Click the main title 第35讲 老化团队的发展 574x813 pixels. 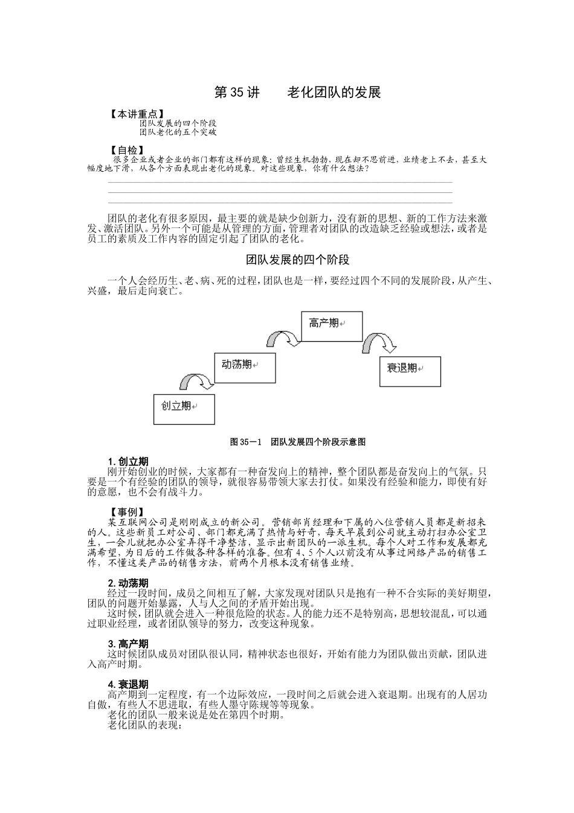[298, 93]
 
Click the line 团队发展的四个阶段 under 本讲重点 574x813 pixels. [178, 123]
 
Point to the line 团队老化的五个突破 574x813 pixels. [178, 131]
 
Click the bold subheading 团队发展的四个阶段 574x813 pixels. [298, 260]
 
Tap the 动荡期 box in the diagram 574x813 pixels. [245, 367]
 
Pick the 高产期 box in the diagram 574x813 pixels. [332, 326]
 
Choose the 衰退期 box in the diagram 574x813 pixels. [410, 371]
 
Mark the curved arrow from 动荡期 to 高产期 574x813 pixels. [283, 338]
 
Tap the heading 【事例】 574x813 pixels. [126, 512]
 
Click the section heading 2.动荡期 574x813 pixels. [128, 583]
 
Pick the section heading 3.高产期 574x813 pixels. [128, 644]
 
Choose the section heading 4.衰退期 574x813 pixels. [128, 684]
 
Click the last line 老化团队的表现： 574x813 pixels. [144, 725]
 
